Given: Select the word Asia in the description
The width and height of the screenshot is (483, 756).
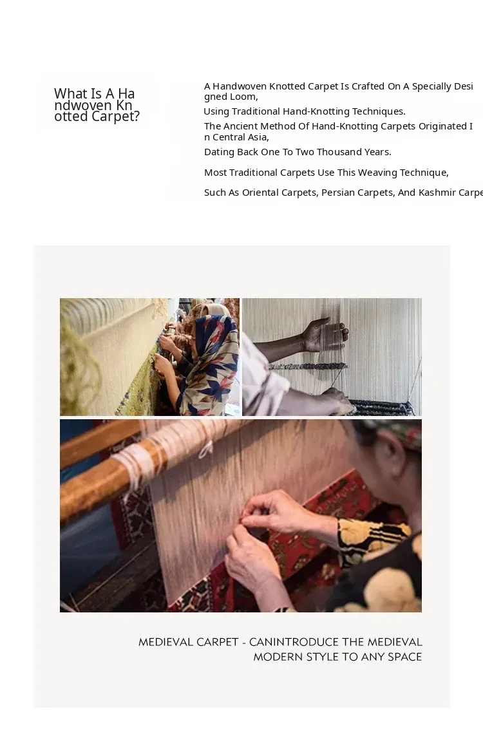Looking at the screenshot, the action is coord(257,137).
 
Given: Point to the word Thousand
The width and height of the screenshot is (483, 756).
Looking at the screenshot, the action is coord(339,152).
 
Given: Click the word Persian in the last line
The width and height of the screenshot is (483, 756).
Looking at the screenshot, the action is coord(338,193).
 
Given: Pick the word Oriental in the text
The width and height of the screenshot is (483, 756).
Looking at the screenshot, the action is coord(260,193).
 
